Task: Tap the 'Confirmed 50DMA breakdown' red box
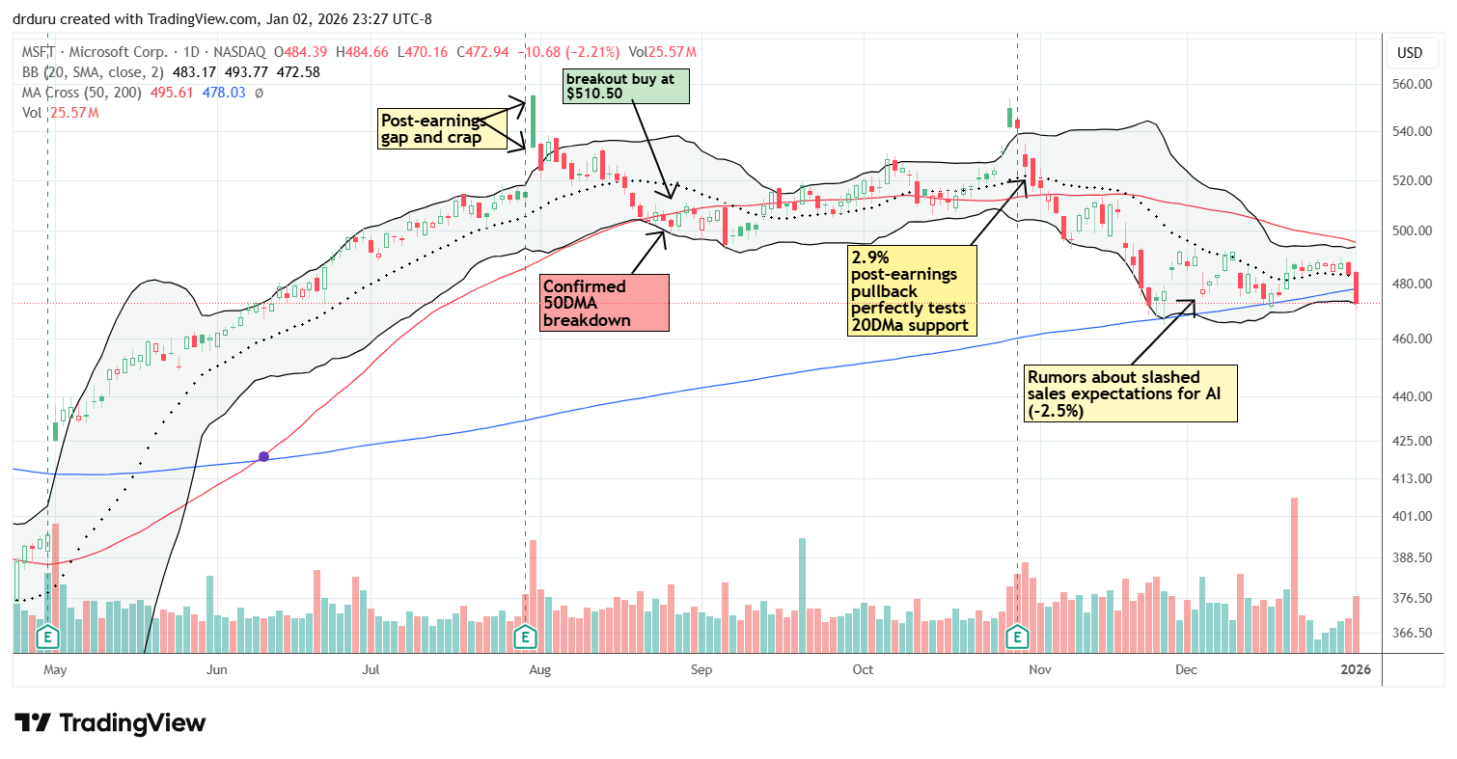click(604, 303)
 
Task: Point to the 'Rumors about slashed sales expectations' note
click(1130, 393)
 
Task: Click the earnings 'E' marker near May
click(46, 637)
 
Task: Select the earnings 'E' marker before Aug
click(525, 637)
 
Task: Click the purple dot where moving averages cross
click(263, 455)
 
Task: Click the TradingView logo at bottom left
click(110, 722)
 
